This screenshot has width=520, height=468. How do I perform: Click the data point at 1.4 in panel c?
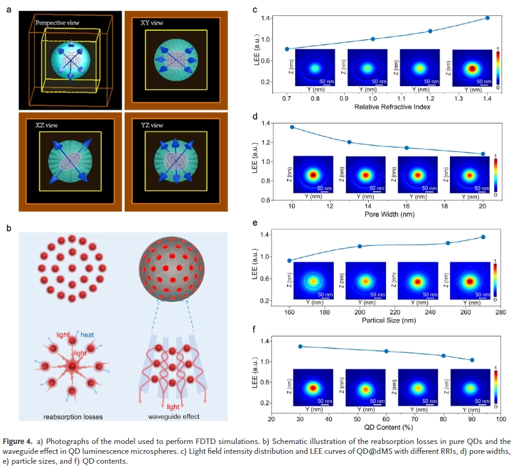coord(487,18)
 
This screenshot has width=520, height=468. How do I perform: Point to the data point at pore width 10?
coord(292,127)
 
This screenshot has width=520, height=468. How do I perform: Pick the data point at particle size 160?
coord(290,260)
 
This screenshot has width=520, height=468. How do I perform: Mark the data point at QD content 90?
coord(472,360)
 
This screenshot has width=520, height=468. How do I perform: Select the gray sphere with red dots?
coord(174,264)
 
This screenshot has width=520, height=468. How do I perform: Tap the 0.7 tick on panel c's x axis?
coord(287,98)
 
